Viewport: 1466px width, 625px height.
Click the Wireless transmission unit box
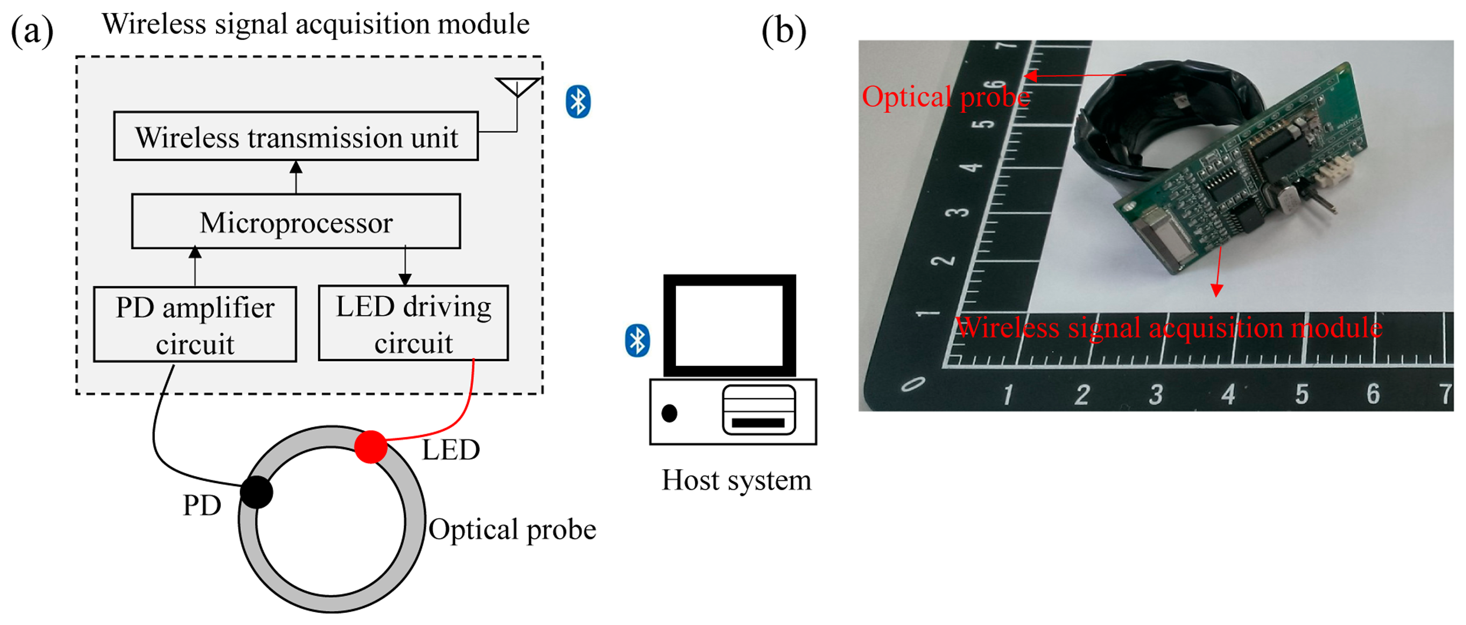(x=296, y=137)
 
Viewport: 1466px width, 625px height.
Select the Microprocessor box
(x=296, y=222)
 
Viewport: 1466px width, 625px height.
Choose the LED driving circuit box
(x=413, y=323)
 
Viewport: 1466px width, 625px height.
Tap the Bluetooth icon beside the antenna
(x=578, y=102)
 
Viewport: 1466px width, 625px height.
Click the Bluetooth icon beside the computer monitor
(x=638, y=341)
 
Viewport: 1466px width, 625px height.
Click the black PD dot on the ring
(x=257, y=492)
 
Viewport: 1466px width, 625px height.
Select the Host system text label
(x=736, y=480)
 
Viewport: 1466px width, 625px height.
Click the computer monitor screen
(x=729, y=326)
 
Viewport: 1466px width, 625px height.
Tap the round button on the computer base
(x=669, y=413)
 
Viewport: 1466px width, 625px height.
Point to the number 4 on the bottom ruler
(x=1228, y=394)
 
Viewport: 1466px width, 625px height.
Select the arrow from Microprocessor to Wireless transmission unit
(x=296, y=177)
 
